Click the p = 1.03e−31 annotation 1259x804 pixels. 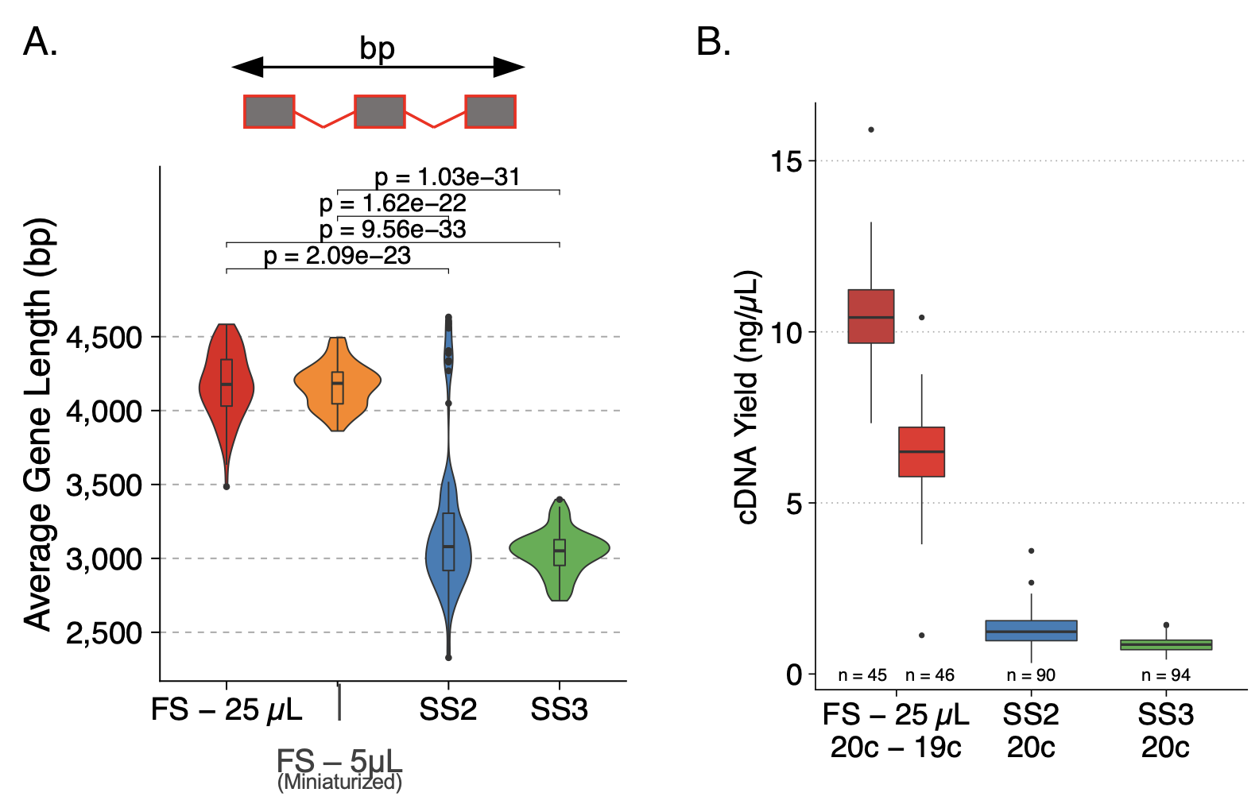click(447, 176)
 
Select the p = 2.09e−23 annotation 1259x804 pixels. click(337, 256)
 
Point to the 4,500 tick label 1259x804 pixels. click(104, 338)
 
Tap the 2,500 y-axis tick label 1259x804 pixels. click(104, 633)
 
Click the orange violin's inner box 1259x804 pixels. click(338, 388)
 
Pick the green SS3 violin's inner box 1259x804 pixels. click(560, 552)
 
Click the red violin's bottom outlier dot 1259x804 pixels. click(227, 486)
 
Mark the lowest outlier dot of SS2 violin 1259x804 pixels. click(448, 657)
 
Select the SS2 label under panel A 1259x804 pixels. click(448, 709)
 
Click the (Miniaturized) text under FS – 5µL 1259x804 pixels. click(339, 783)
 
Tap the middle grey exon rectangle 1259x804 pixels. click(380, 111)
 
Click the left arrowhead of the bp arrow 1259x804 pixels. click(247, 68)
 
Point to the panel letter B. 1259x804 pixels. click(713, 42)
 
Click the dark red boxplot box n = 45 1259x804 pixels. click(871, 316)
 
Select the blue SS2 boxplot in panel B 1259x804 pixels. click(1031, 631)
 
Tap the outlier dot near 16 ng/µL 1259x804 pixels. click(871, 129)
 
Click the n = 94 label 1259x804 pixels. click(1165, 675)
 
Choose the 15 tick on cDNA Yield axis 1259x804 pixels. click(787, 161)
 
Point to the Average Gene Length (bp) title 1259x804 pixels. click(38, 423)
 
